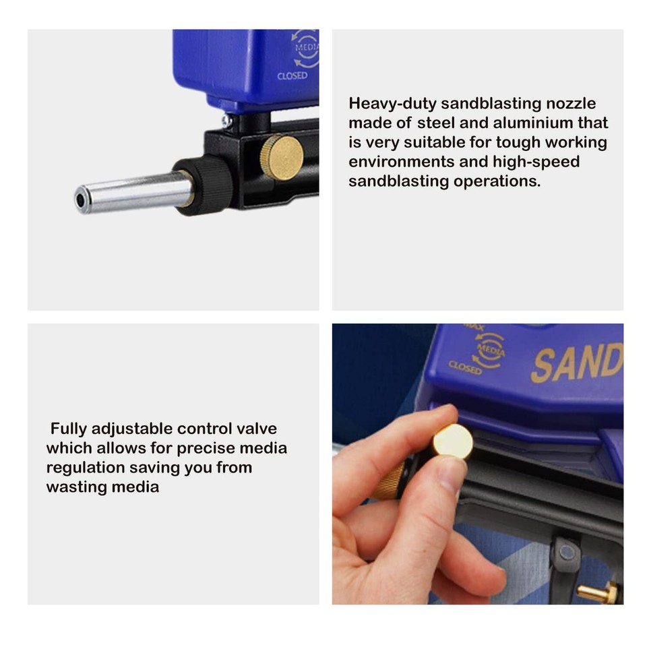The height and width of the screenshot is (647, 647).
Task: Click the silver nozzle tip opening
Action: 82,200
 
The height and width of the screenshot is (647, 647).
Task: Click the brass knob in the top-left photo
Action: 282,157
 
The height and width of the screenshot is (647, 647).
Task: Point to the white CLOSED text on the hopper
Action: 292,76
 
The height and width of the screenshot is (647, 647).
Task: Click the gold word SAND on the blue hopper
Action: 576,363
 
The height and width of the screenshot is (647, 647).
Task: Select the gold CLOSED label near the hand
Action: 465,367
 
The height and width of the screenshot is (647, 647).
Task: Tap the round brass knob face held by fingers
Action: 452,441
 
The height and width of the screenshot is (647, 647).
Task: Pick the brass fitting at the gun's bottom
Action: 600,592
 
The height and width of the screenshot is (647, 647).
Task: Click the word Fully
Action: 69,429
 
